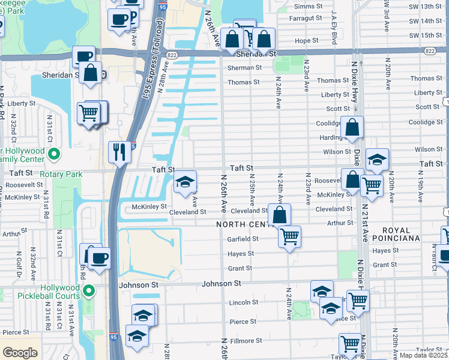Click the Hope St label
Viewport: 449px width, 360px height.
(x=306, y=41)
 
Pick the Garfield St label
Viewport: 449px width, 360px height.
(x=243, y=239)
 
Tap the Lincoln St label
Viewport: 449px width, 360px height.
(x=243, y=303)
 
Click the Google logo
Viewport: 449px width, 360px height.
(x=20, y=353)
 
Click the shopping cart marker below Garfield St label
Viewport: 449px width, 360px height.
(x=289, y=238)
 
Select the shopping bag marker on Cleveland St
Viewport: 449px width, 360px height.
(x=280, y=215)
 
